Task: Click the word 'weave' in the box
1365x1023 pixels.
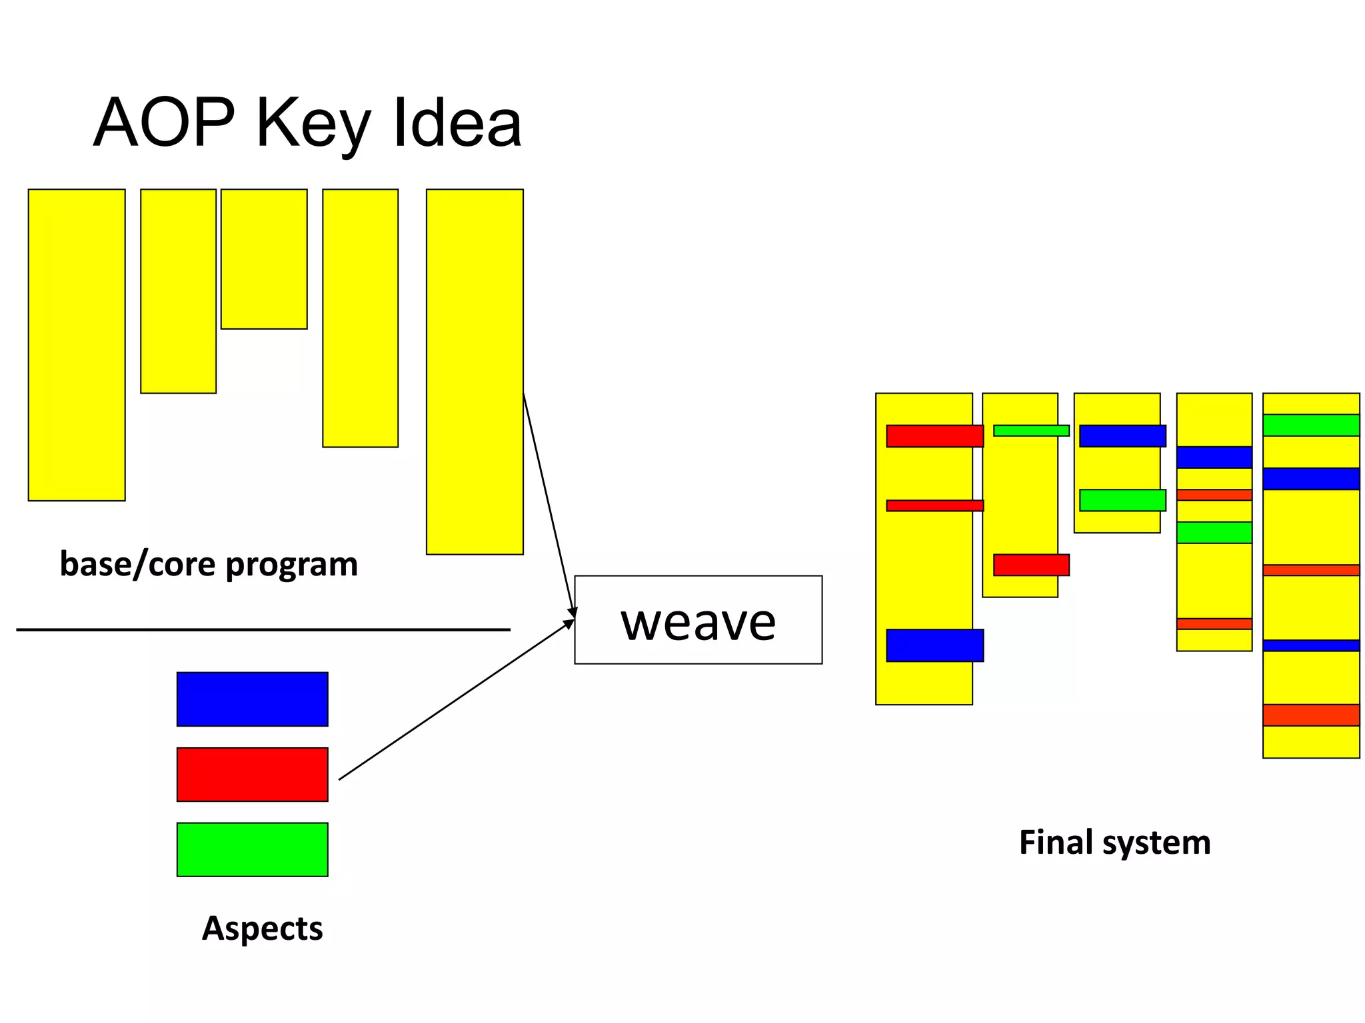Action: coord(698,622)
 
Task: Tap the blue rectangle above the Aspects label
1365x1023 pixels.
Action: coord(252,699)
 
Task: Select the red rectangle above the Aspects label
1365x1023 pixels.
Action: coord(252,774)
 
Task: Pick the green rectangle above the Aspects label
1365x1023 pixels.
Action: coord(252,849)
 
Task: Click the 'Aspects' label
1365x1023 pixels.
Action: coord(262,928)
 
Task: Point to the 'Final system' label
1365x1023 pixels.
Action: coord(1114,842)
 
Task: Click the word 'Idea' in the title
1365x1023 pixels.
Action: coord(457,123)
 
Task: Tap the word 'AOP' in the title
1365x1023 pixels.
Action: coord(164,123)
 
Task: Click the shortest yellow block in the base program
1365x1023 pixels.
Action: coord(264,258)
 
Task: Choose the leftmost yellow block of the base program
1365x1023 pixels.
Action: coord(77,344)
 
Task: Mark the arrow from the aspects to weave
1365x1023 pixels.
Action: coord(456,699)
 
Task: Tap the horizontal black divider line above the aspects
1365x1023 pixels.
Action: coord(263,629)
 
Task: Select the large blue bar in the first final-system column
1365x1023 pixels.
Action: coord(934,645)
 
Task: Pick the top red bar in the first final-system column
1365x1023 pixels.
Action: coord(934,436)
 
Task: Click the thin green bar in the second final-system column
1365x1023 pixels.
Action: coord(1031,430)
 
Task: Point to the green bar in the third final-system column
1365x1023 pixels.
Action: coord(1122,500)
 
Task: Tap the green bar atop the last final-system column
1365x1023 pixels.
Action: coord(1310,425)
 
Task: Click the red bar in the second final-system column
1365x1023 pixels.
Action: coord(1031,565)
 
